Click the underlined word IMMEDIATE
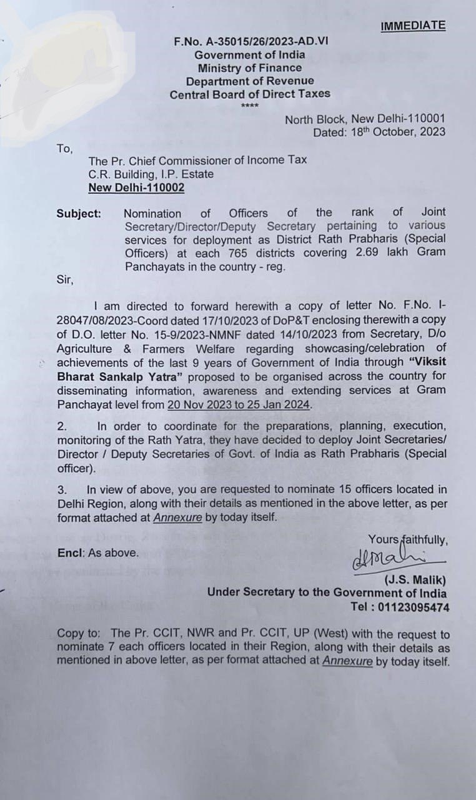pos(413,26)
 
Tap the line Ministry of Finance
pos(250,67)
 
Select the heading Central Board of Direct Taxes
pos(250,94)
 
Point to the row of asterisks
pos(250,105)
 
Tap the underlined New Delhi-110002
pos(136,187)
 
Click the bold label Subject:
pos(79,213)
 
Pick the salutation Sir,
pos(65,279)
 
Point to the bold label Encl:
pos(71,552)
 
